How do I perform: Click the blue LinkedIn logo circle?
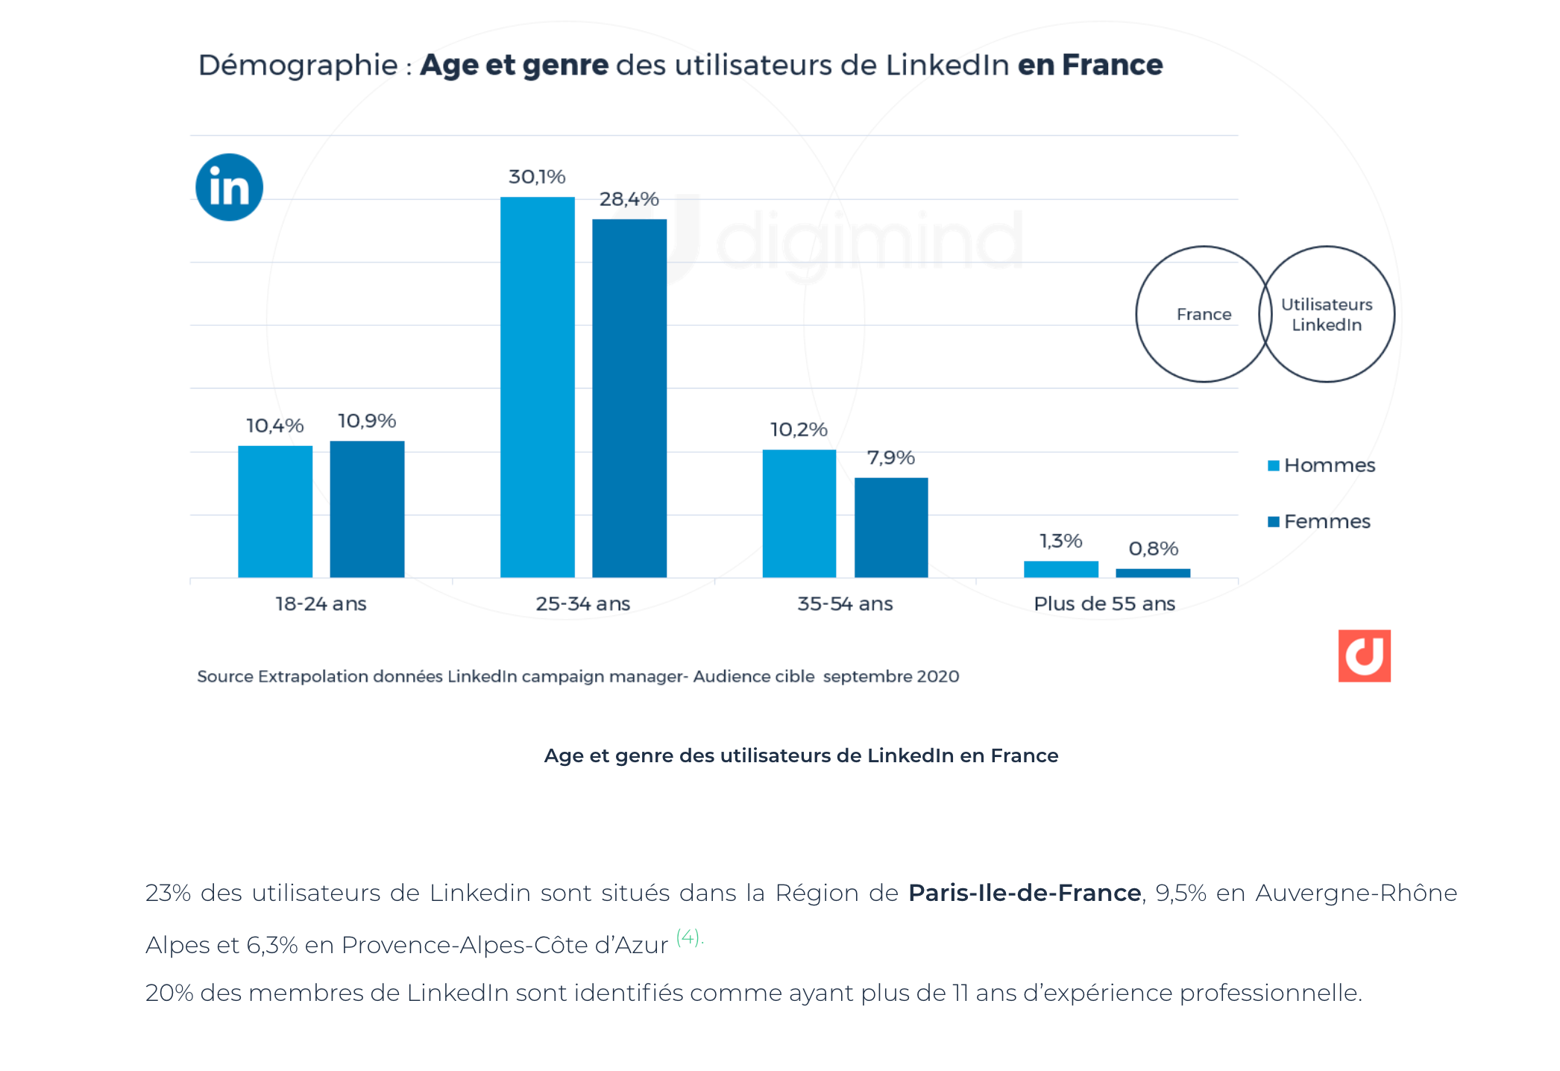pyautogui.click(x=229, y=187)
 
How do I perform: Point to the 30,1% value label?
pyautogui.click(x=537, y=177)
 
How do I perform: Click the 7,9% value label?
pyautogui.click(x=890, y=457)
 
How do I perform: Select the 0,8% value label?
pyautogui.click(x=1153, y=549)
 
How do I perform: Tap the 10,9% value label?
pyautogui.click(x=367, y=421)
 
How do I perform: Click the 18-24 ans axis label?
pyautogui.click(x=321, y=603)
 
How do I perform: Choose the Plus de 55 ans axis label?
pyautogui.click(x=1104, y=603)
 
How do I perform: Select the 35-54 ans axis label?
pyautogui.click(x=845, y=603)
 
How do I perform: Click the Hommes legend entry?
pyautogui.click(x=1321, y=465)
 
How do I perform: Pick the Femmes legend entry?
pyautogui.click(x=1319, y=521)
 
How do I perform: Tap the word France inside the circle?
pyautogui.click(x=1204, y=314)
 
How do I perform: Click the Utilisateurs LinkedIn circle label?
pyautogui.click(x=1327, y=314)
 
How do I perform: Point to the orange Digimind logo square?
pyautogui.click(x=1364, y=656)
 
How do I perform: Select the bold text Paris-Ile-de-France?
pyautogui.click(x=1025, y=893)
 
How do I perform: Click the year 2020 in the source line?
pyautogui.click(x=937, y=676)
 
